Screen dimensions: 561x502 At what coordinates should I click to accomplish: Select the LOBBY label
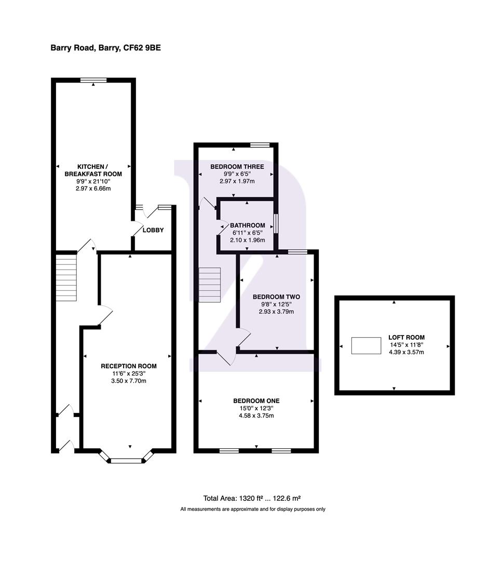click(153, 230)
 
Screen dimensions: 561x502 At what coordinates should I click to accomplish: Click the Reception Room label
click(128, 366)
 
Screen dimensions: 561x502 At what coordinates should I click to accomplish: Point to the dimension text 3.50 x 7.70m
click(128, 381)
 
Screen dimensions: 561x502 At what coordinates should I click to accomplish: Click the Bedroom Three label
click(237, 167)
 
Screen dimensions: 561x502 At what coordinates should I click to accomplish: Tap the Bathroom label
click(248, 225)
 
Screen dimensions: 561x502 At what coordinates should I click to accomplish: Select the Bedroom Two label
click(276, 297)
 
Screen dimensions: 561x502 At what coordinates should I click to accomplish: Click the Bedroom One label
click(256, 400)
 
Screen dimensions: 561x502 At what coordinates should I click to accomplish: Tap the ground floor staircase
click(66, 275)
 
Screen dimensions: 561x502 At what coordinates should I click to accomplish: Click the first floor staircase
click(210, 284)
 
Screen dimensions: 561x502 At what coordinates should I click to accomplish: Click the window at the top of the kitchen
click(93, 80)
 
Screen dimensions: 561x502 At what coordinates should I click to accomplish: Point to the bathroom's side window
click(276, 224)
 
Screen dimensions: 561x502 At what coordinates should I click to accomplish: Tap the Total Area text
click(252, 497)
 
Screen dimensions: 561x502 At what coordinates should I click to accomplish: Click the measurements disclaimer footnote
click(252, 509)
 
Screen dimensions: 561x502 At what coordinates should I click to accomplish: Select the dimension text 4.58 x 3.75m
click(256, 416)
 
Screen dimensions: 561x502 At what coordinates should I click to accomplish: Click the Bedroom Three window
click(260, 145)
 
